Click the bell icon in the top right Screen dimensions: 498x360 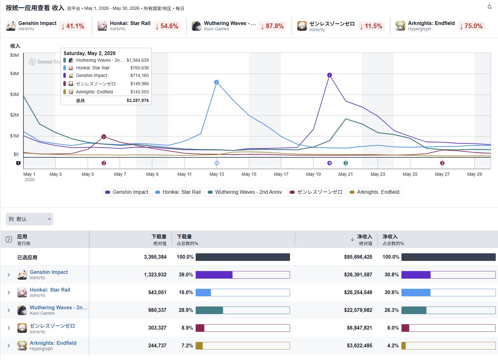pyautogui.click(x=489, y=7)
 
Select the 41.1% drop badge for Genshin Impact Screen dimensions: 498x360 pyautogui.click(x=73, y=26)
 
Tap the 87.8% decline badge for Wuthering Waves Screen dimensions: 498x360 pyautogui.click(x=272, y=26)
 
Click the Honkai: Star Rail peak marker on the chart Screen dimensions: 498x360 pyautogui.click(x=217, y=82)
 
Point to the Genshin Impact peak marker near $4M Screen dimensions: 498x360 pyautogui.click(x=330, y=75)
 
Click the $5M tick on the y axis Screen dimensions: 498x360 pyautogui.click(x=15, y=55)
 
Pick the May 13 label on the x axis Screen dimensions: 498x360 pyautogui.click(x=217, y=174)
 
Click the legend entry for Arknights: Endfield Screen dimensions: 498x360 pyautogui.click(x=375, y=192)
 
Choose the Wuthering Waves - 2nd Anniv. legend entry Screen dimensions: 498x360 pyautogui.click(x=245, y=192)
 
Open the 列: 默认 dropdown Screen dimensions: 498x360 pyautogui.click(x=29, y=219)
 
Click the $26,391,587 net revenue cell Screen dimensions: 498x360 pyautogui.click(x=358, y=275)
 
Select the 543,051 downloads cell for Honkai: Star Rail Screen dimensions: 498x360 pyautogui.click(x=157, y=292)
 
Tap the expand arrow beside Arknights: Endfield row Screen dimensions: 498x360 pyautogui.click(x=9, y=345)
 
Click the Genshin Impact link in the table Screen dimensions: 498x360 pyautogui.click(x=49, y=272)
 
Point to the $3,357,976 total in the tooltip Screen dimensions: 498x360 pyautogui.click(x=138, y=100)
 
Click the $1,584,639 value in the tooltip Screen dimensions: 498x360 pyautogui.click(x=138, y=60)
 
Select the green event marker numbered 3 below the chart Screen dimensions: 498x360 pyautogui.click(x=345, y=163)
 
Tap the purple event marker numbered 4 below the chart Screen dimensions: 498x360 pyautogui.click(x=330, y=163)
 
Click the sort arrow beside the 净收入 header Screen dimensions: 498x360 pyautogui.click(x=352, y=239)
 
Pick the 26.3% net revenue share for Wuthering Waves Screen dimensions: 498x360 pyautogui.click(x=392, y=310)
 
